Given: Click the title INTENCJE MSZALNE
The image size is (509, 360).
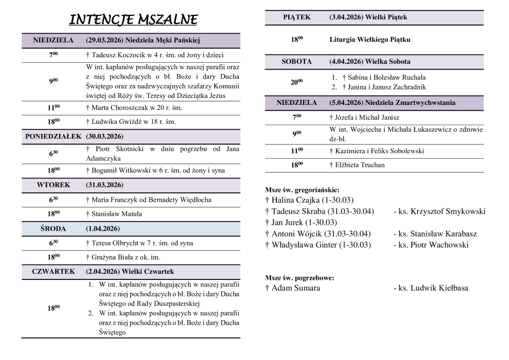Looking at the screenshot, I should tap(133, 20).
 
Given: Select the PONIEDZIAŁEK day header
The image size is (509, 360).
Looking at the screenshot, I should tap(53, 136).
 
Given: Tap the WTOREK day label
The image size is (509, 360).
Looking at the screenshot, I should tap(53, 185).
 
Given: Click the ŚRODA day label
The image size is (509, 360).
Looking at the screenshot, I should tap(53, 229).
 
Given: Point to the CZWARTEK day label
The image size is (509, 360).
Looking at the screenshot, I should tap(53, 271).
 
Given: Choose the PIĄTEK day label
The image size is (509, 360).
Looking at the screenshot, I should tap(297, 17).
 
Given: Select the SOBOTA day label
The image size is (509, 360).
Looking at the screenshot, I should tap(297, 62).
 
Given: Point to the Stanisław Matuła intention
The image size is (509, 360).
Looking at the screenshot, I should tap(114, 214).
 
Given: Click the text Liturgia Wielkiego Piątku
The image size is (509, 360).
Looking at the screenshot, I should tap(370, 40).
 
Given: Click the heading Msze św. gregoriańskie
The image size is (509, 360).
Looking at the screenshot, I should tap(302, 190).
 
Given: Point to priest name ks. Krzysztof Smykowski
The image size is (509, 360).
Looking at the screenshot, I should tap(439, 211).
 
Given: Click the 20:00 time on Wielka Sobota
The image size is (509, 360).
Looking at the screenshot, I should tap(297, 82).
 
